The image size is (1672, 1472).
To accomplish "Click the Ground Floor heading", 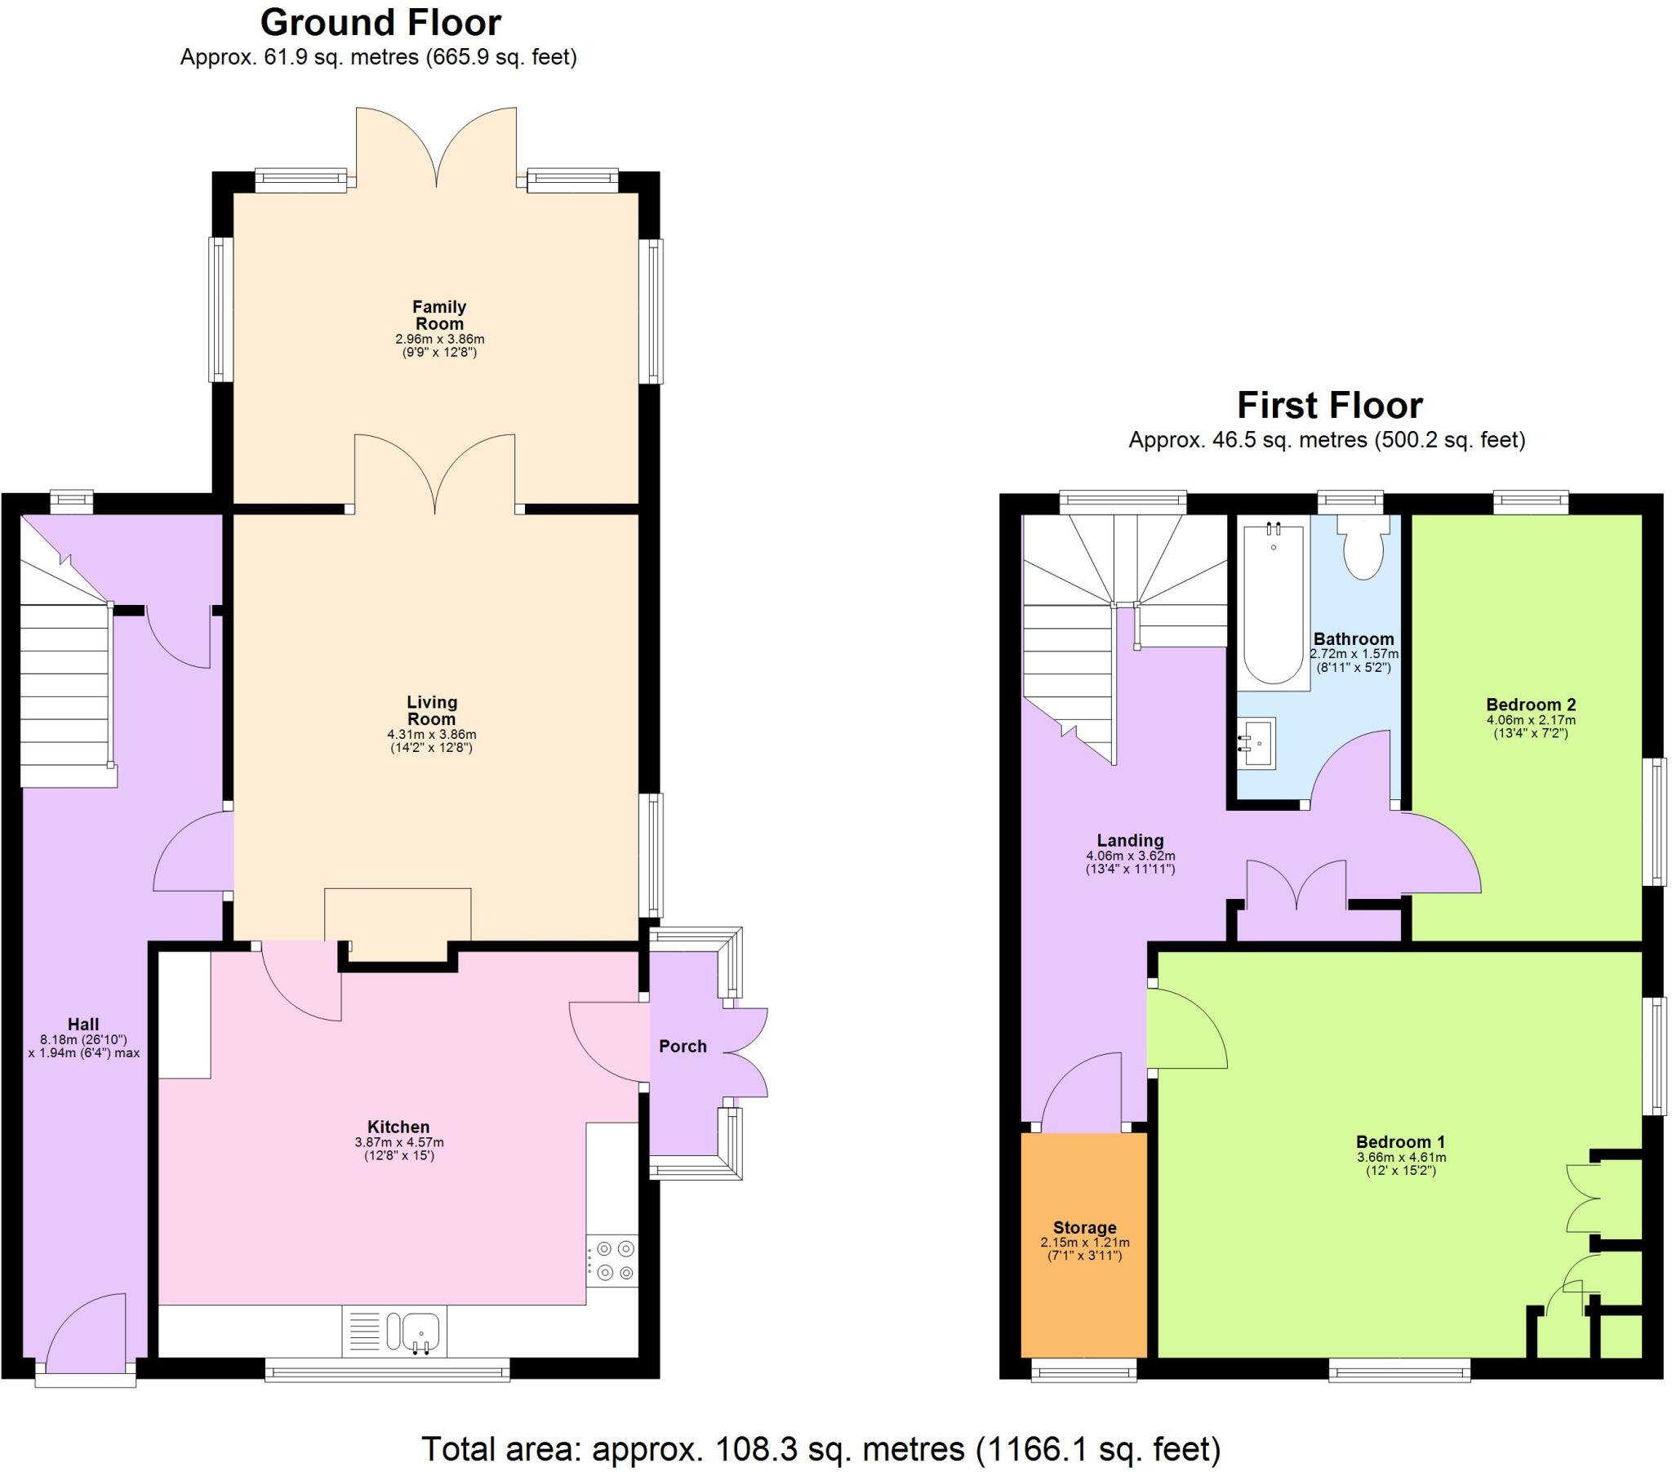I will tap(380, 23).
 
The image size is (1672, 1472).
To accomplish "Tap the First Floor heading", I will tap(1329, 406).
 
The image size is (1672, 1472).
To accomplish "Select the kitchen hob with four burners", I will tap(614, 1261).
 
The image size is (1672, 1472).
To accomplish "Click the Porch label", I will tap(683, 1047).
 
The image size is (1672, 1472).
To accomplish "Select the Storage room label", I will tap(1084, 1227).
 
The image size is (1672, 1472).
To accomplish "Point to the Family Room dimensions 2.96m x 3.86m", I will tap(439, 339).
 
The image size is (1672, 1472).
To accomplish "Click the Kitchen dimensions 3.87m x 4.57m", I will tap(398, 1142).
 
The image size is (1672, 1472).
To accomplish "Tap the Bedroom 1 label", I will tap(1400, 1141).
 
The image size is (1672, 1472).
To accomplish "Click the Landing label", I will tap(1130, 840).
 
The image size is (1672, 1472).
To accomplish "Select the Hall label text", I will tap(82, 1025).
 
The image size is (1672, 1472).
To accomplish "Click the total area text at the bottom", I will tap(820, 1449).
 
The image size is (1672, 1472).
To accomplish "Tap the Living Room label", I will tap(432, 710).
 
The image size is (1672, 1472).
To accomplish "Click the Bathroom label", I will tap(1353, 639).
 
